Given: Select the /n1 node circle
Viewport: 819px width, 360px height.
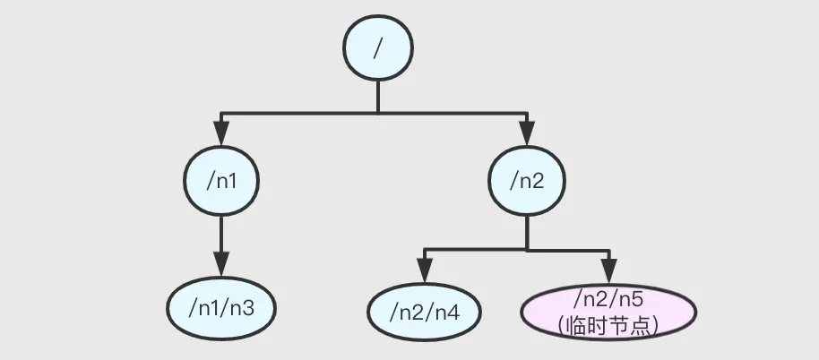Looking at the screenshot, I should coord(220,180).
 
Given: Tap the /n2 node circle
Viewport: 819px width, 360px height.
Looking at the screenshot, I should coord(526,180).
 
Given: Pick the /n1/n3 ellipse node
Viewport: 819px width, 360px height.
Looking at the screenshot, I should coord(220,309).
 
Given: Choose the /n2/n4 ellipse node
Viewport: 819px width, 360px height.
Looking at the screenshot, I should coord(425,312).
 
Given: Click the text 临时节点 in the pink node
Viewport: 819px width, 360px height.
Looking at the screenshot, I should coord(608,325).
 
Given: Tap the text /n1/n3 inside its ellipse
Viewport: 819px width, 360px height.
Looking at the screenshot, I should coord(220,309).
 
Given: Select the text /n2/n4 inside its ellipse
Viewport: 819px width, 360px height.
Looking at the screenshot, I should coord(425,312).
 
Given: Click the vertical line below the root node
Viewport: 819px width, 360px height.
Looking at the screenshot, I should coord(377,97).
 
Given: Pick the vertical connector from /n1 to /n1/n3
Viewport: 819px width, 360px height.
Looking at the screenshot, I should coord(220,237).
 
